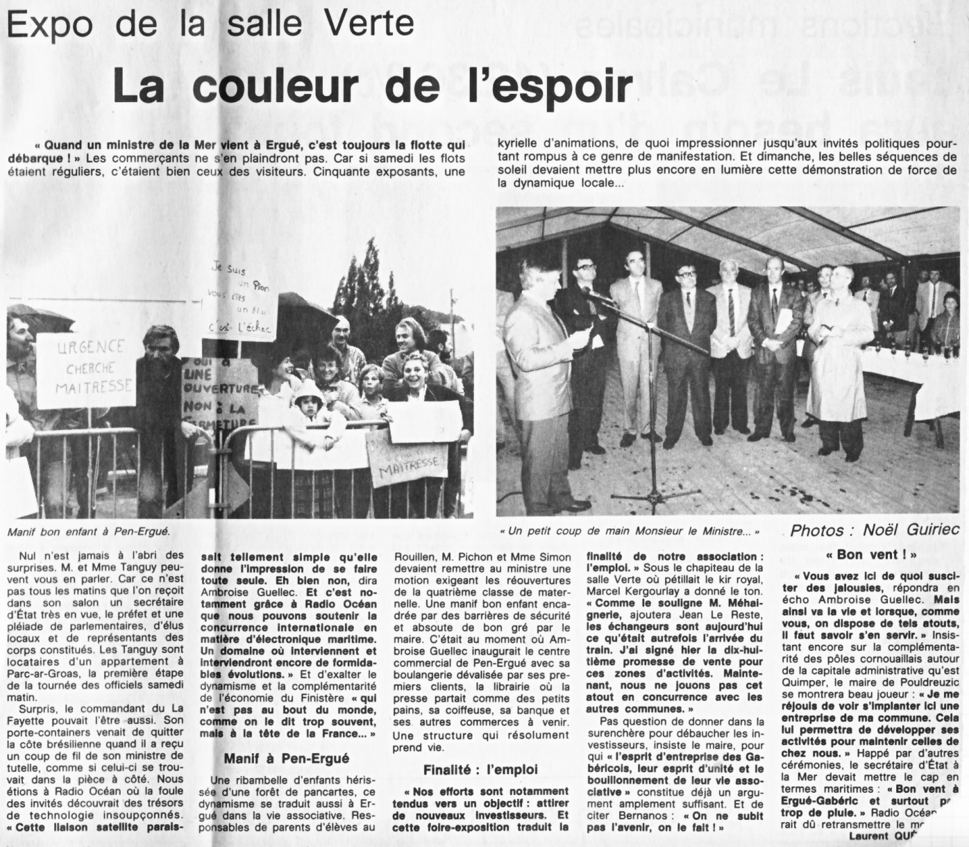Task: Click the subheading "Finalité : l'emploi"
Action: click(x=480, y=769)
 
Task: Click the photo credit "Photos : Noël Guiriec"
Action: click(x=875, y=531)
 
